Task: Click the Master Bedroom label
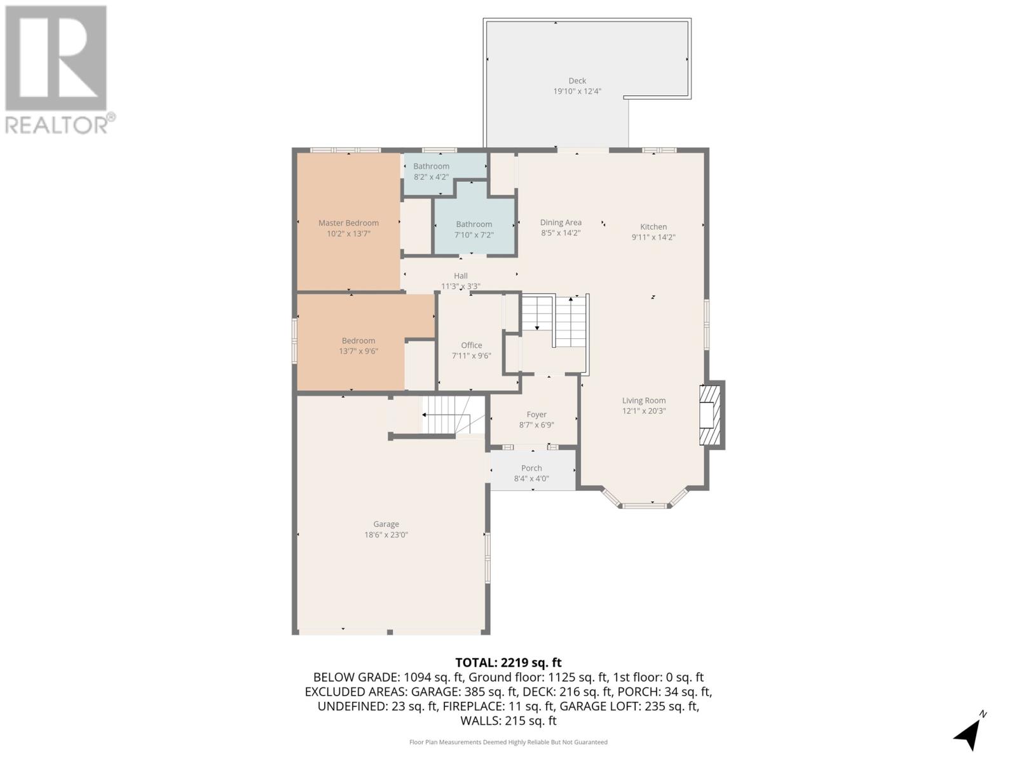coord(348,223)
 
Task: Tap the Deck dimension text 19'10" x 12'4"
coord(577,92)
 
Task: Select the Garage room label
coord(386,525)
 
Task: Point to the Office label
coord(472,345)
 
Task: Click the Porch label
coord(531,468)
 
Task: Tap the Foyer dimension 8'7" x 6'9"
coord(536,425)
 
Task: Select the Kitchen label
coord(653,227)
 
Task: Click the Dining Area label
coord(561,223)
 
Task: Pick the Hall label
coord(461,276)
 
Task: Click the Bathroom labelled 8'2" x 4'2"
coord(431,167)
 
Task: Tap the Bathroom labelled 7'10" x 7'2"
coord(474,224)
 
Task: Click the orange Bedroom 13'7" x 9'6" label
coord(358,341)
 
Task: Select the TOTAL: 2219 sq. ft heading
coord(508,663)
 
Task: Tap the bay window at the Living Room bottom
coord(645,505)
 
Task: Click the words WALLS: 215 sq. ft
coord(508,720)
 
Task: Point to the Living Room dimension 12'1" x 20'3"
coord(644,411)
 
